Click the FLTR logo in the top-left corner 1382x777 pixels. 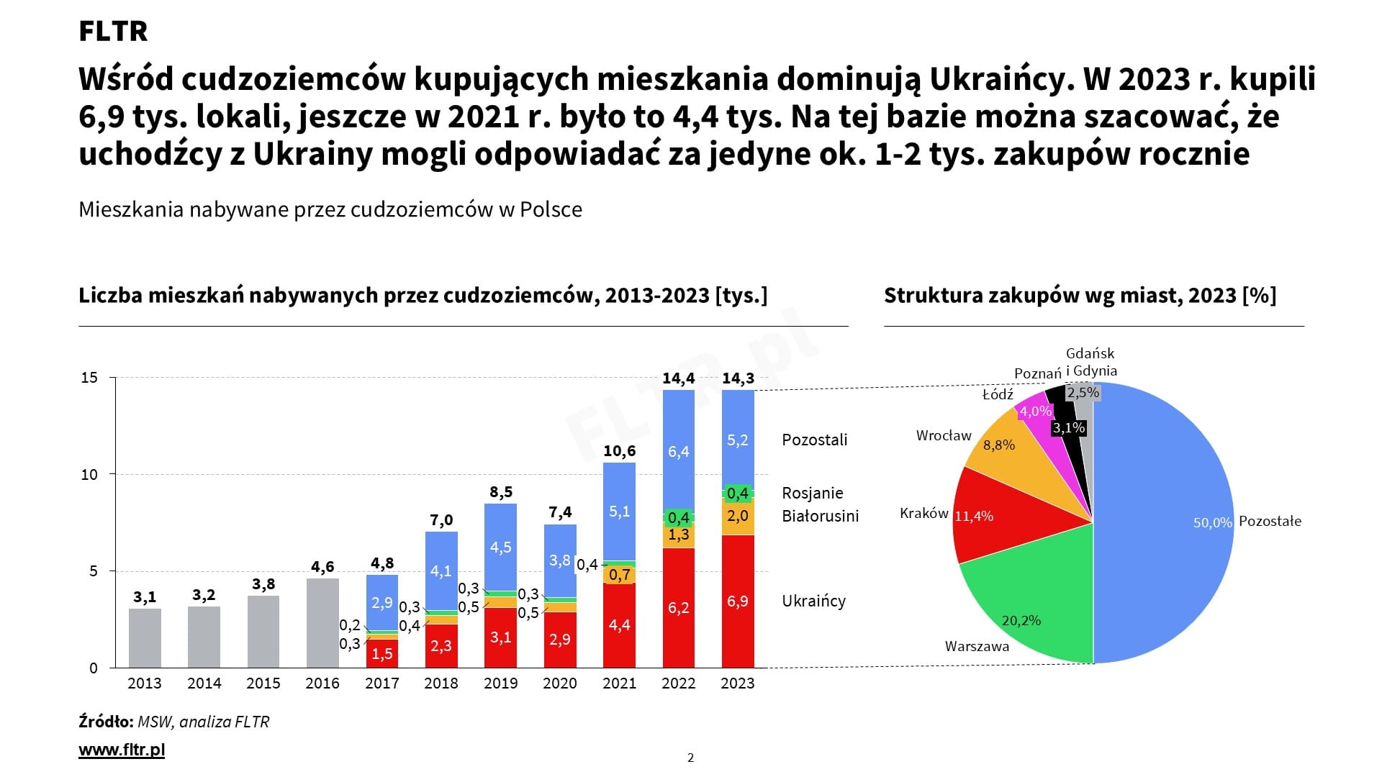pyautogui.click(x=113, y=32)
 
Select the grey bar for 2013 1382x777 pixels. pyautogui.click(x=145, y=638)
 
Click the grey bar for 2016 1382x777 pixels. pyautogui.click(x=322, y=623)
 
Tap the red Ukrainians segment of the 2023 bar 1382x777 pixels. pyautogui.click(x=738, y=601)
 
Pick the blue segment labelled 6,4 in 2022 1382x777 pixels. pyautogui.click(x=678, y=451)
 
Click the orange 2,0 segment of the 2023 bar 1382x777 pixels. pyautogui.click(x=738, y=516)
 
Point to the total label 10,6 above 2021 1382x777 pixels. pyautogui.click(x=619, y=451)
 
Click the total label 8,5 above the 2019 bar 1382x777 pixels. pyautogui.click(x=501, y=492)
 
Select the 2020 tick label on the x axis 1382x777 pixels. pyautogui.click(x=560, y=683)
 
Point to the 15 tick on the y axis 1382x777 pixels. pyautogui.click(x=89, y=378)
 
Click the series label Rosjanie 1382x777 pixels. pyautogui.click(x=813, y=493)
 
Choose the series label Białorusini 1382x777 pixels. pyautogui.click(x=821, y=516)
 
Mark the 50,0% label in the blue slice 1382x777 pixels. pyautogui.click(x=1213, y=523)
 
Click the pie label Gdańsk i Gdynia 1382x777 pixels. pyautogui.click(x=1091, y=362)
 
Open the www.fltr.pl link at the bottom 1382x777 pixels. pyautogui.click(x=122, y=750)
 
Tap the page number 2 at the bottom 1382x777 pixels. pyautogui.click(x=691, y=757)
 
